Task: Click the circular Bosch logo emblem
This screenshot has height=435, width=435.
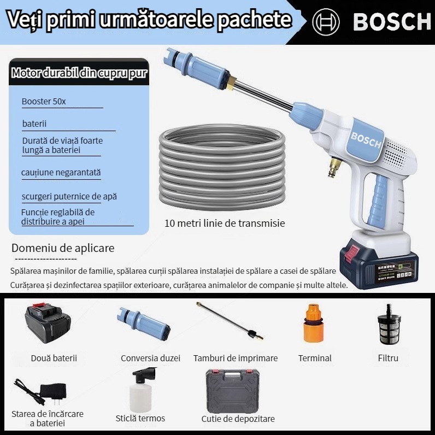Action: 326,22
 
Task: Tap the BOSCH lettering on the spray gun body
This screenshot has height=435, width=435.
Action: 366,140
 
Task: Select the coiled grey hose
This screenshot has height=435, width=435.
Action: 222,167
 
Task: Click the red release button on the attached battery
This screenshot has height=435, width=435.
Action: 352,252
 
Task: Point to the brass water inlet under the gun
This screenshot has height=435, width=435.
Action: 334,167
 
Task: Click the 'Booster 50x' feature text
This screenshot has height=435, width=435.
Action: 44,102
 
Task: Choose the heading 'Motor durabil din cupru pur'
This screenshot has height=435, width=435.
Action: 79,73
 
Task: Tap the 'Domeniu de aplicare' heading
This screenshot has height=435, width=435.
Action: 63,248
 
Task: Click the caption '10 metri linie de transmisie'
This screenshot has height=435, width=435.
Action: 225,224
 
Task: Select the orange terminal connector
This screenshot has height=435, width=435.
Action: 314,324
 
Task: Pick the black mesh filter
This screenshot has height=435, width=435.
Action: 389,325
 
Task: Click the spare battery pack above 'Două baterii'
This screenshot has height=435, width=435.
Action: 48,323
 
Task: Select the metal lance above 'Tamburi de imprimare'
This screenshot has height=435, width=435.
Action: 230,321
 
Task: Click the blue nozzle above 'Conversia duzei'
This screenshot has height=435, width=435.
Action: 143,325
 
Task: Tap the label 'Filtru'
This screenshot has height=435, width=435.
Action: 388,358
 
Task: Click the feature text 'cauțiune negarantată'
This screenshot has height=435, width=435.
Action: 61,173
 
